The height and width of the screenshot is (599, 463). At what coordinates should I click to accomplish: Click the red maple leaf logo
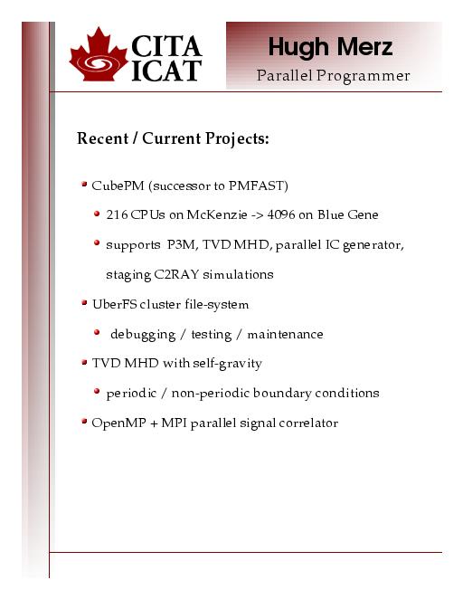(x=98, y=54)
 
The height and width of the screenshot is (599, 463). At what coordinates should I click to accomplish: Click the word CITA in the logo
(x=166, y=46)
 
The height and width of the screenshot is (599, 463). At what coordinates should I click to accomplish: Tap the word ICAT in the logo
(x=166, y=71)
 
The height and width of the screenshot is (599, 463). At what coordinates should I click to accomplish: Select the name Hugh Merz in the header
(x=331, y=47)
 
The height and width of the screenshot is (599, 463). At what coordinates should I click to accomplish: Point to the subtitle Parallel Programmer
(x=333, y=76)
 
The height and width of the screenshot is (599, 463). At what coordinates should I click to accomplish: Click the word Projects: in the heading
(x=237, y=139)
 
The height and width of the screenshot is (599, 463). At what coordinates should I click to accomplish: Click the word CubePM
(x=118, y=185)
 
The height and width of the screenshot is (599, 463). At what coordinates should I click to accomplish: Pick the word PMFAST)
(x=259, y=185)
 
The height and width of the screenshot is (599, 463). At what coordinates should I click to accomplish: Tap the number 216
(x=117, y=214)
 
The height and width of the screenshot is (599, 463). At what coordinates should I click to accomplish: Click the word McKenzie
(x=217, y=214)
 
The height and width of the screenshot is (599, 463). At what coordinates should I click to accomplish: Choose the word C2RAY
(x=176, y=274)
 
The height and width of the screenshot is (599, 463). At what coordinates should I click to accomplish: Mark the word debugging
(x=143, y=335)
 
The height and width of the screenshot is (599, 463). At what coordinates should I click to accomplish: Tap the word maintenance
(x=285, y=335)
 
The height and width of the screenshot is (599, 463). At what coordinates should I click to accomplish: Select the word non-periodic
(x=211, y=393)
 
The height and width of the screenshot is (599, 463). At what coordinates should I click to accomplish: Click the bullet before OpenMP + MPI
(x=84, y=422)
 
